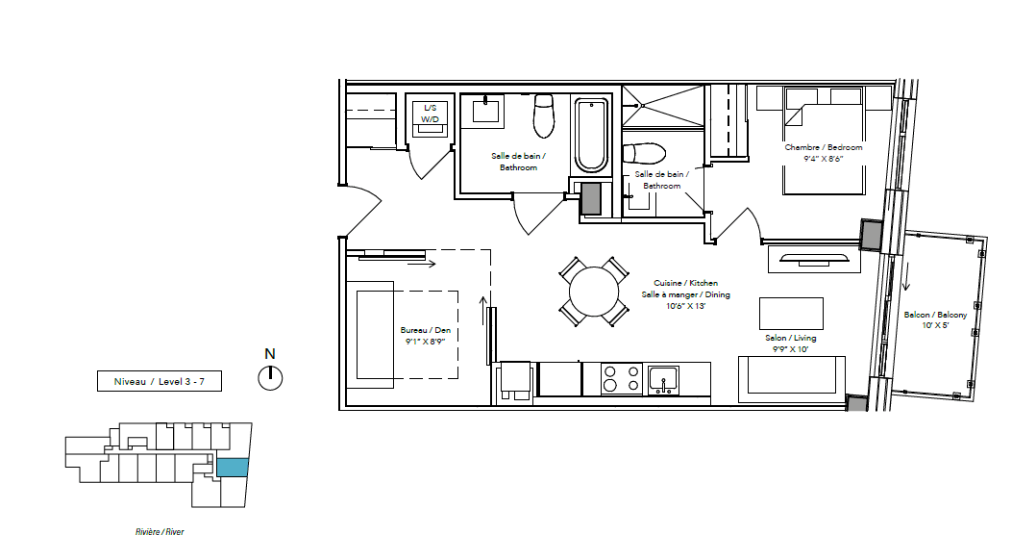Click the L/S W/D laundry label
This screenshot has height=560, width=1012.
[x=430, y=114]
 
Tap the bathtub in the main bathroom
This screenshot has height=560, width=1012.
[x=591, y=135]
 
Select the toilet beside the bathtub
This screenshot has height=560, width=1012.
[x=544, y=115]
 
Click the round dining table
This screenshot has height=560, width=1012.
[x=594, y=292]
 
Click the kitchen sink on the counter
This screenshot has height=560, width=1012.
[x=663, y=380]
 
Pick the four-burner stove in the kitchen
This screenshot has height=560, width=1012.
[x=622, y=379]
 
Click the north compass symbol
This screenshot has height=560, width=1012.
[x=270, y=378]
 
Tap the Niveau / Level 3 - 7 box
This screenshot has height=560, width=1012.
[x=160, y=381]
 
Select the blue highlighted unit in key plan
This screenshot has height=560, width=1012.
[x=233, y=468]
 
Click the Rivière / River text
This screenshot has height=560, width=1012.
[x=160, y=532]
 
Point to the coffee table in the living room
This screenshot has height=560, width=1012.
[x=791, y=314]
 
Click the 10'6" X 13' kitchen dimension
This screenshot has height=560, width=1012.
[x=686, y=306]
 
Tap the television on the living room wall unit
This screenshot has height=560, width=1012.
[x=814, y=259]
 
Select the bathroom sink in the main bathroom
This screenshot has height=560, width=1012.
[x=485, y=109]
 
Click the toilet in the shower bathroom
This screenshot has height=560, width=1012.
[x=644, y=154]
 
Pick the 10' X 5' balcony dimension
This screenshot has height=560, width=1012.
[x=935, y=325]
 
